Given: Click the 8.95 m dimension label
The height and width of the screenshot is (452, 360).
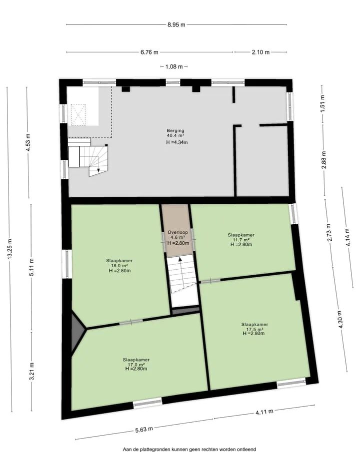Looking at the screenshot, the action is (176, 25).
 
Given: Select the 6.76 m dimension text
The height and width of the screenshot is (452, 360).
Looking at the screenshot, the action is (149, 52).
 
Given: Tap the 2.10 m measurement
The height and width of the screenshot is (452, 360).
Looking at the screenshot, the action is (260, 52).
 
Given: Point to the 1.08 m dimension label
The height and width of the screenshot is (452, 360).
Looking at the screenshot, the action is (174, 66).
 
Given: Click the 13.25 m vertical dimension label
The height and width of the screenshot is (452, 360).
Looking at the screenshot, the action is (10, 249).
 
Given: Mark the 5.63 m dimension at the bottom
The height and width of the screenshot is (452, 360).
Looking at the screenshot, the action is (144, 430).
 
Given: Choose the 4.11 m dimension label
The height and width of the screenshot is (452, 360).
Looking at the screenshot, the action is (264, 412).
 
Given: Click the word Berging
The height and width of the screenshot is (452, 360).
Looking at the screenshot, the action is (175, 130).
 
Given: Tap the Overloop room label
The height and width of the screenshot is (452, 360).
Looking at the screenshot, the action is (178, 232).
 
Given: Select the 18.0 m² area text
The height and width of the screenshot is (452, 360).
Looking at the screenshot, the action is (119, 266).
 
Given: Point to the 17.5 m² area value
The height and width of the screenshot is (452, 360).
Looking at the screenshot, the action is (254, 329).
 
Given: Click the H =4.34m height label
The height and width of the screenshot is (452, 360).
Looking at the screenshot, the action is (177, 142).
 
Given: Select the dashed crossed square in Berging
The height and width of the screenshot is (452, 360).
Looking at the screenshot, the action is (78, 115).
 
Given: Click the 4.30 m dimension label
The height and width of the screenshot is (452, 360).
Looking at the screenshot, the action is (340, 320).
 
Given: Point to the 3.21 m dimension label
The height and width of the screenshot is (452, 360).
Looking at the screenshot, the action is (32, 371).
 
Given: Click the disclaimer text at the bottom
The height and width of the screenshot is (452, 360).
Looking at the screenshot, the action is (189, 449).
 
